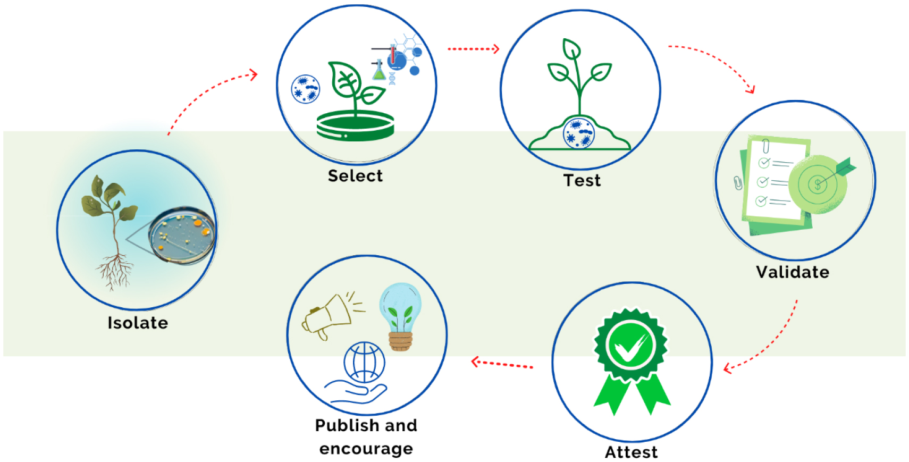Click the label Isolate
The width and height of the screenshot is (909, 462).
[x=138, y=323]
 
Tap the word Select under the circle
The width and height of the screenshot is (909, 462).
[x=355, y=176]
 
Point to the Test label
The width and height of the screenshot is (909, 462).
[x=582, y=181]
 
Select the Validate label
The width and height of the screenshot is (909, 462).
[x=793, y=272]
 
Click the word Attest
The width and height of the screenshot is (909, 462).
[x=631, y=452]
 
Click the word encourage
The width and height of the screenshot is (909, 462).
[x=366, y=449]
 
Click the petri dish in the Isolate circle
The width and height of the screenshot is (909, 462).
[x=182, y=236]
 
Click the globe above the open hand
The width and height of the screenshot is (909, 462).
[x=364, y=362]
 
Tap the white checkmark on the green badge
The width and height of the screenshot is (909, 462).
[x=630, y=347]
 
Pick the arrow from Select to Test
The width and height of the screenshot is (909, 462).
[x=473, y=49]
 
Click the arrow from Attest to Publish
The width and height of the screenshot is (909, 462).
[x=502, y=364]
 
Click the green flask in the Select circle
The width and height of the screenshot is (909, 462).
[x=378, y=71]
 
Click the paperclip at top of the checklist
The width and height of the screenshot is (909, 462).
[x=765, y=146]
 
